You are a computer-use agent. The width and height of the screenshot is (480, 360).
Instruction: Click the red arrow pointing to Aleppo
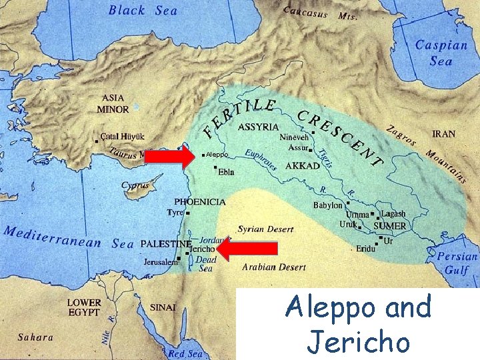[169, 156]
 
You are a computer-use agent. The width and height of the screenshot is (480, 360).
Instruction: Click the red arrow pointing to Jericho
[247, 249]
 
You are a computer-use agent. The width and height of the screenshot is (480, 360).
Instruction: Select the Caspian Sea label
[441, 53]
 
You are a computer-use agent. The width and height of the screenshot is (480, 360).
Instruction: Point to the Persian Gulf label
[458, 263]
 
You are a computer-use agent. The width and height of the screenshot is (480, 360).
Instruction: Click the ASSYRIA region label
[258, 127]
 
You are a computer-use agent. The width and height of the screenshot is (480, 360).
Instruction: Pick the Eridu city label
[366, 248]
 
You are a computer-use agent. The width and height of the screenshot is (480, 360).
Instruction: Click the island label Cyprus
[135, 186]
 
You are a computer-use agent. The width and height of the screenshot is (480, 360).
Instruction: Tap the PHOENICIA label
[200, 201]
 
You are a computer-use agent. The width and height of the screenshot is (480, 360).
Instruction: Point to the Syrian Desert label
[265, 229]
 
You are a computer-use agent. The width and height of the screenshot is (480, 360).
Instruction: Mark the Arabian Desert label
[274, 267]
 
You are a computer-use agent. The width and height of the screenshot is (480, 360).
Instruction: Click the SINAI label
[163, 307]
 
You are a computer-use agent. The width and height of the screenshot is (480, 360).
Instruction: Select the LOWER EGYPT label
[84, 307]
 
